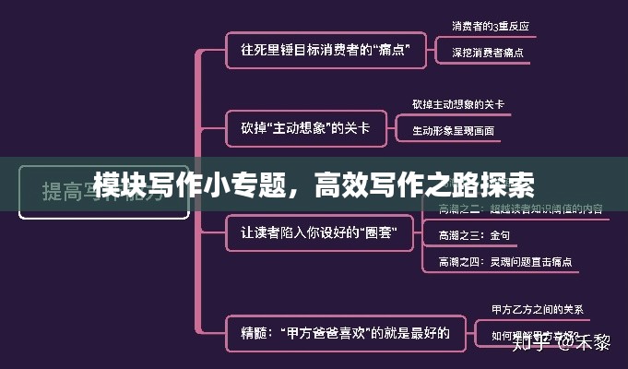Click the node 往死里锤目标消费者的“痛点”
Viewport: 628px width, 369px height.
[326, 50]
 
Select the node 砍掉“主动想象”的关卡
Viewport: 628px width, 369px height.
[305, 128]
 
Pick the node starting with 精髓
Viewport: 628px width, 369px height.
[346, 333]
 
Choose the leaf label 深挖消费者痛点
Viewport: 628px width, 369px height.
[488, 53]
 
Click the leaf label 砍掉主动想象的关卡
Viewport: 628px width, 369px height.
[458, 104]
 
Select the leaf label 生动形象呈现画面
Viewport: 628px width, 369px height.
[453, 131]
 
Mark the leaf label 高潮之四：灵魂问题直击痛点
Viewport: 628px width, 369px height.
[505, 262]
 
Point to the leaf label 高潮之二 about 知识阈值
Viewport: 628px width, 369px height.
[521, 209]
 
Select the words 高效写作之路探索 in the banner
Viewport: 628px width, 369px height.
[424, 184]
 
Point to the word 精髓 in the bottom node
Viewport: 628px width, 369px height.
[255, 333]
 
